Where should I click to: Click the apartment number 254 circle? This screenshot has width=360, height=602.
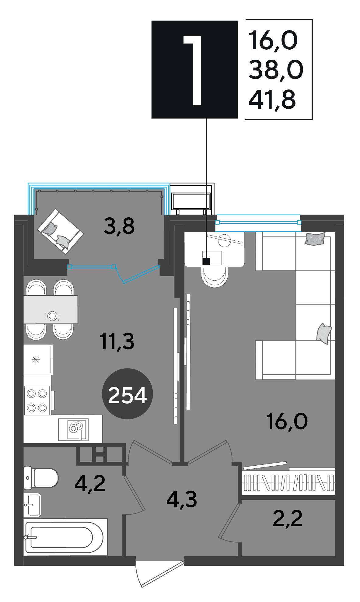coord(127,394)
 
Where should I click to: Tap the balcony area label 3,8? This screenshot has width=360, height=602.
coord(119,226)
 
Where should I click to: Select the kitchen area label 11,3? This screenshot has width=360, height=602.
coord(117,341)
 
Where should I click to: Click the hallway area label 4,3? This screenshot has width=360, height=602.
coord(182,499)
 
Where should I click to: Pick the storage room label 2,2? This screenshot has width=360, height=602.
coord(288,518)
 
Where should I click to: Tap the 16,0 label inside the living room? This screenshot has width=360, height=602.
coord(287,422)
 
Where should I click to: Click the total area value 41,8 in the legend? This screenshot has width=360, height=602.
coord(272,100)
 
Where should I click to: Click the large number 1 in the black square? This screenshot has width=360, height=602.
coord(194,70)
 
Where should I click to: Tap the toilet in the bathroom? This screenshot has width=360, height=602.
coord(41,478)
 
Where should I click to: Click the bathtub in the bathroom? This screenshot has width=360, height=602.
coord(65,537)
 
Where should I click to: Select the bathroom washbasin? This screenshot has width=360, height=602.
coord(32,505)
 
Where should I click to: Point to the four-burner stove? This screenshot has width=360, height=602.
coord(37,401)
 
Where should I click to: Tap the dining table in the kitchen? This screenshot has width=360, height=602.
coord(51,310)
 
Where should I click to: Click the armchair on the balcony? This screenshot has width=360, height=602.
coord(60,232)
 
